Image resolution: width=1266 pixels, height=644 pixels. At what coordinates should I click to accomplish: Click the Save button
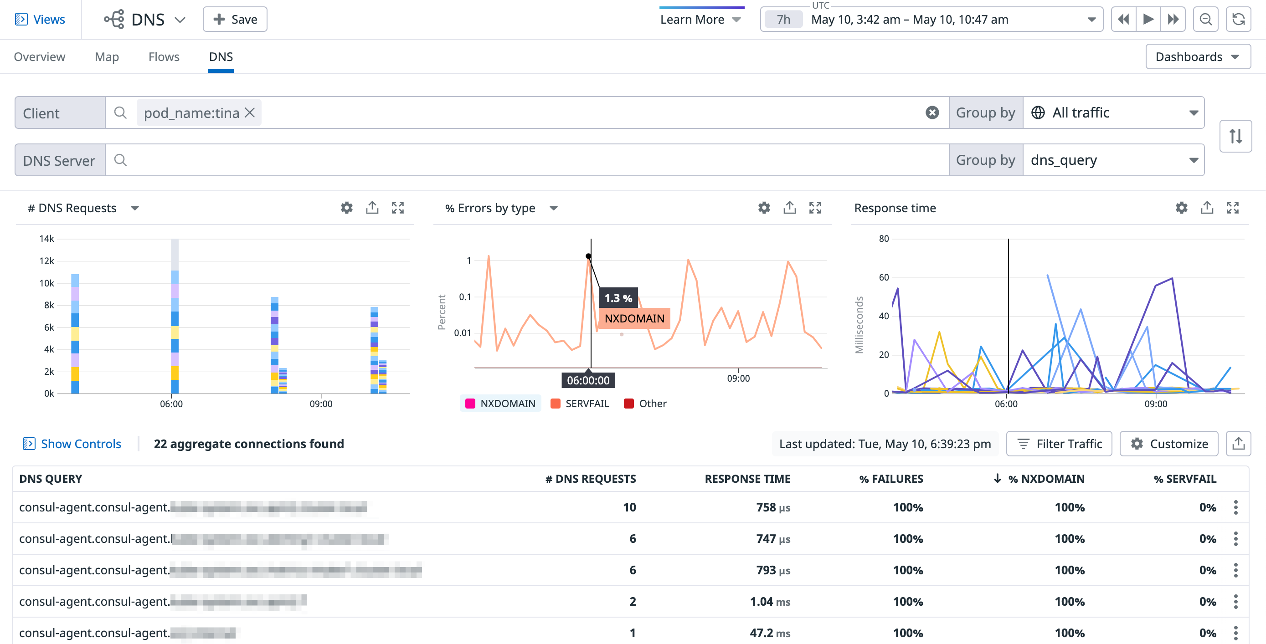(235, 19)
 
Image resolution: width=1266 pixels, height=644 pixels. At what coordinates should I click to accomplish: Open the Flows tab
(164, 57)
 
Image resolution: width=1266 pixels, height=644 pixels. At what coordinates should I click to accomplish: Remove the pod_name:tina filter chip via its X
(250, 113)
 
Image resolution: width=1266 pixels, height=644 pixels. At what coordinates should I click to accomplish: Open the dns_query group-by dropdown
(1113, 160)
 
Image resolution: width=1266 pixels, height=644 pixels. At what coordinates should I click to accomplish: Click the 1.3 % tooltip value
(618, 298)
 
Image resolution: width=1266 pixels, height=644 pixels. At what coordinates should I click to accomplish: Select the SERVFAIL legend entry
(580, 404)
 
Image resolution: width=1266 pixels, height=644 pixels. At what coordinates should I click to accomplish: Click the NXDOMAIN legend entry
(500, 404)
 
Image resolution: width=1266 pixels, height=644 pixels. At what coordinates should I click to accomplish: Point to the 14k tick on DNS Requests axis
(46, 239)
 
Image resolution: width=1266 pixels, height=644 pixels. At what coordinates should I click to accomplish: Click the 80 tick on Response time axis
(884, 239)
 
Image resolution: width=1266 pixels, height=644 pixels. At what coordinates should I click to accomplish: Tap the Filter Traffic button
(1059, 444)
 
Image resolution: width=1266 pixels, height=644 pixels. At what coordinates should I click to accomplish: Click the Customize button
(1168, 444)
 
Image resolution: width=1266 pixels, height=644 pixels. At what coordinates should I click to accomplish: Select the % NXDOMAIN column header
(1045, 479)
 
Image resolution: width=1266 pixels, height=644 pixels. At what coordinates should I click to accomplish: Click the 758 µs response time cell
(772, 507)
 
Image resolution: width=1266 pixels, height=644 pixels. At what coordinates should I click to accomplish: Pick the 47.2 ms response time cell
(770, 633)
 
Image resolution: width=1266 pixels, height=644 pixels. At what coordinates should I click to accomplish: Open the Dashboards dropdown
(1197, 57)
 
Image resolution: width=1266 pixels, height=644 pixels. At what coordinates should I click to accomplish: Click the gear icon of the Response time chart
(1182, 208)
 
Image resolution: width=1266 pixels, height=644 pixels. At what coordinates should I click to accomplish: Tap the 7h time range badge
(783, 20)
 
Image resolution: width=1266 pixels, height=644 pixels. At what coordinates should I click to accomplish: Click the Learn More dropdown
(700, 20)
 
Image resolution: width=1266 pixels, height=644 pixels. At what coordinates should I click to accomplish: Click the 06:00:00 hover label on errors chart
(588, 381)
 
